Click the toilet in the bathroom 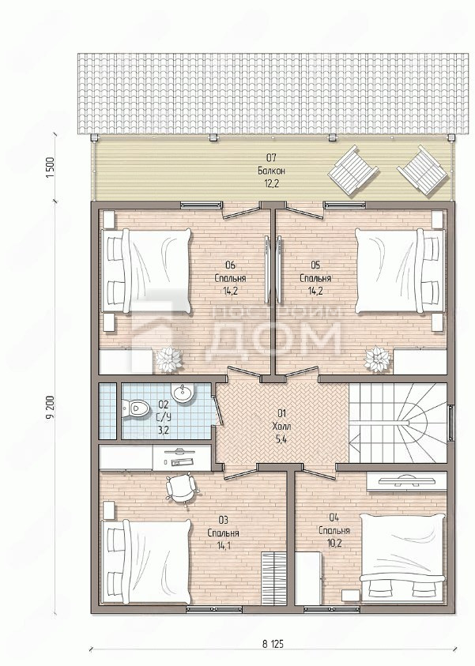(136, 409)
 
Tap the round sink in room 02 (183, 393)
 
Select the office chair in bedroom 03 (183, 489)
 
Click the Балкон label (271, 171)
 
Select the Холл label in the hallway (281, 426)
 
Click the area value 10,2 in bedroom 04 (334, 544)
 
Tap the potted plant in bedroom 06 (168, 359)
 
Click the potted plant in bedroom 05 (377, 359)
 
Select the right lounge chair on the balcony (423, 170)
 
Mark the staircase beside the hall (398, 423)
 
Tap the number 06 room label (230, 265)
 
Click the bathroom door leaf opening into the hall (217, 407)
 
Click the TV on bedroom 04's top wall (406, 481)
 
